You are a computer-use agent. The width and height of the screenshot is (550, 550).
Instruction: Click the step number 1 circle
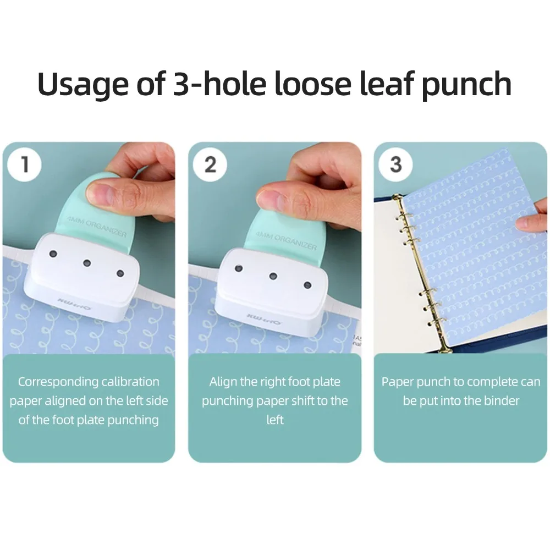pyautogui.click(x=25, y=164)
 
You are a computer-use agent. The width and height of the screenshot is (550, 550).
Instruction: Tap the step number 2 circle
pyautogui.click(x=211, y=164)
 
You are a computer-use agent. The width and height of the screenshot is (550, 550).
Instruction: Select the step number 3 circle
pyautogui.click(x=396, y=164)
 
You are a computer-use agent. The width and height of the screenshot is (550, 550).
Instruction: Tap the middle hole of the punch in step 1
pyautogui.click(x=87, y=263)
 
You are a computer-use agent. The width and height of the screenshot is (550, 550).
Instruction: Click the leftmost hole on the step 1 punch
pyautogui.click(x=53, y=254)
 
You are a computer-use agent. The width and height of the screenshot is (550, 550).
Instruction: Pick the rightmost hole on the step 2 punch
pyautogui.click(x=307, y=285)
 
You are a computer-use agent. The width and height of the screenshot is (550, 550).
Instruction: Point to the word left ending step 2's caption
pyautogui.click(x=275, y=420)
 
